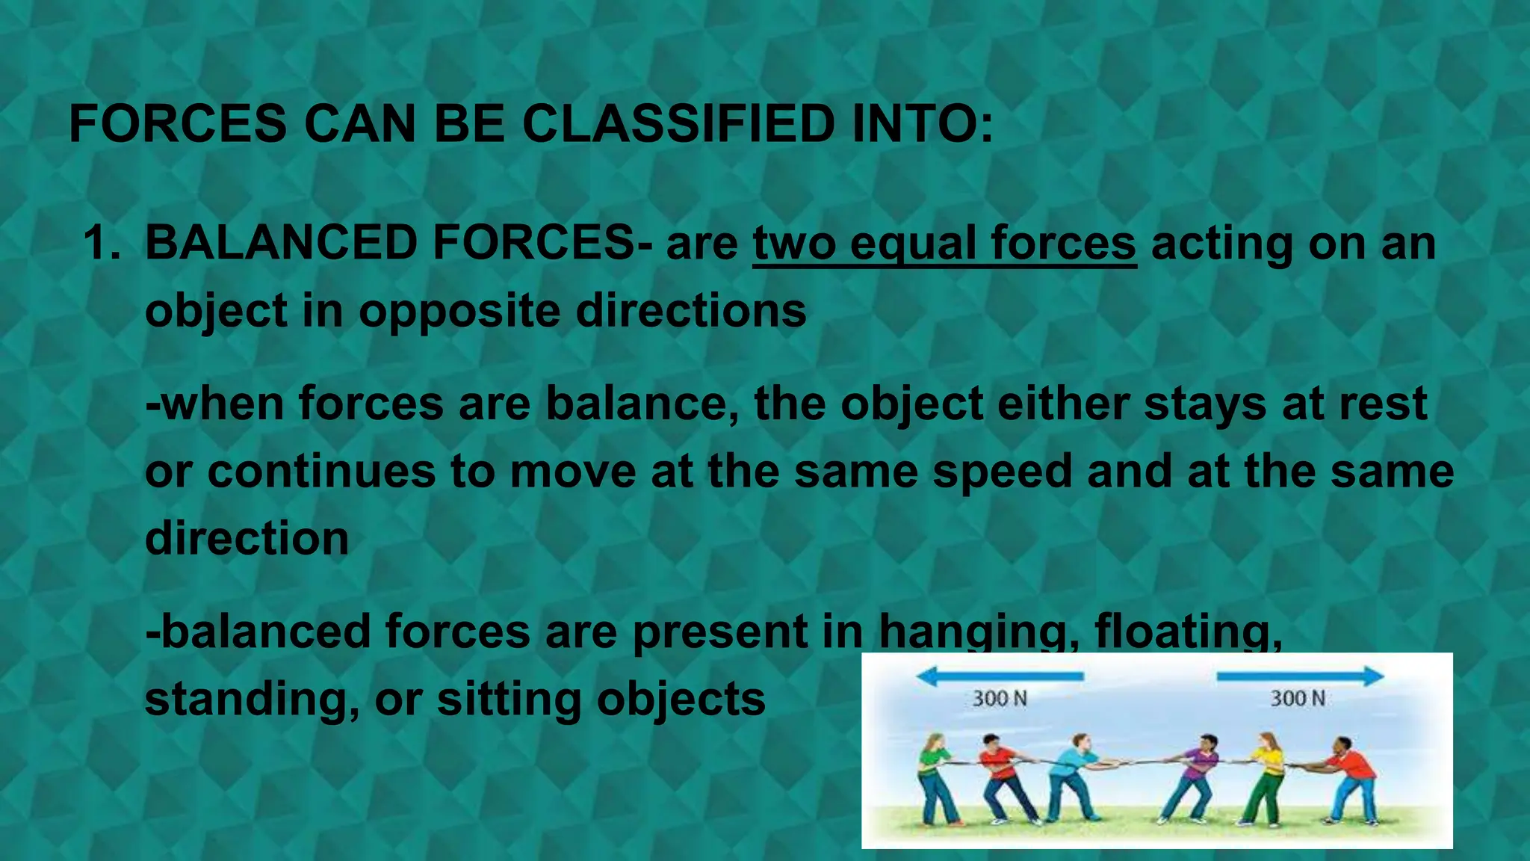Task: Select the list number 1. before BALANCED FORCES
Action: pos(102,243)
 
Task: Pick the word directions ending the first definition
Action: pos(691,310)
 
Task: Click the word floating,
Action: pos(1188,632)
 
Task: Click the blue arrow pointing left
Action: pos(1000,677)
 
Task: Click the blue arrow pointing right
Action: pos(1300,677)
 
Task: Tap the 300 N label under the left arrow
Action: pos(1000,699)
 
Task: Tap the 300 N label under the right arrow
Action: pos(1298,699)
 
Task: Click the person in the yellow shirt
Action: pos(1264,777)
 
